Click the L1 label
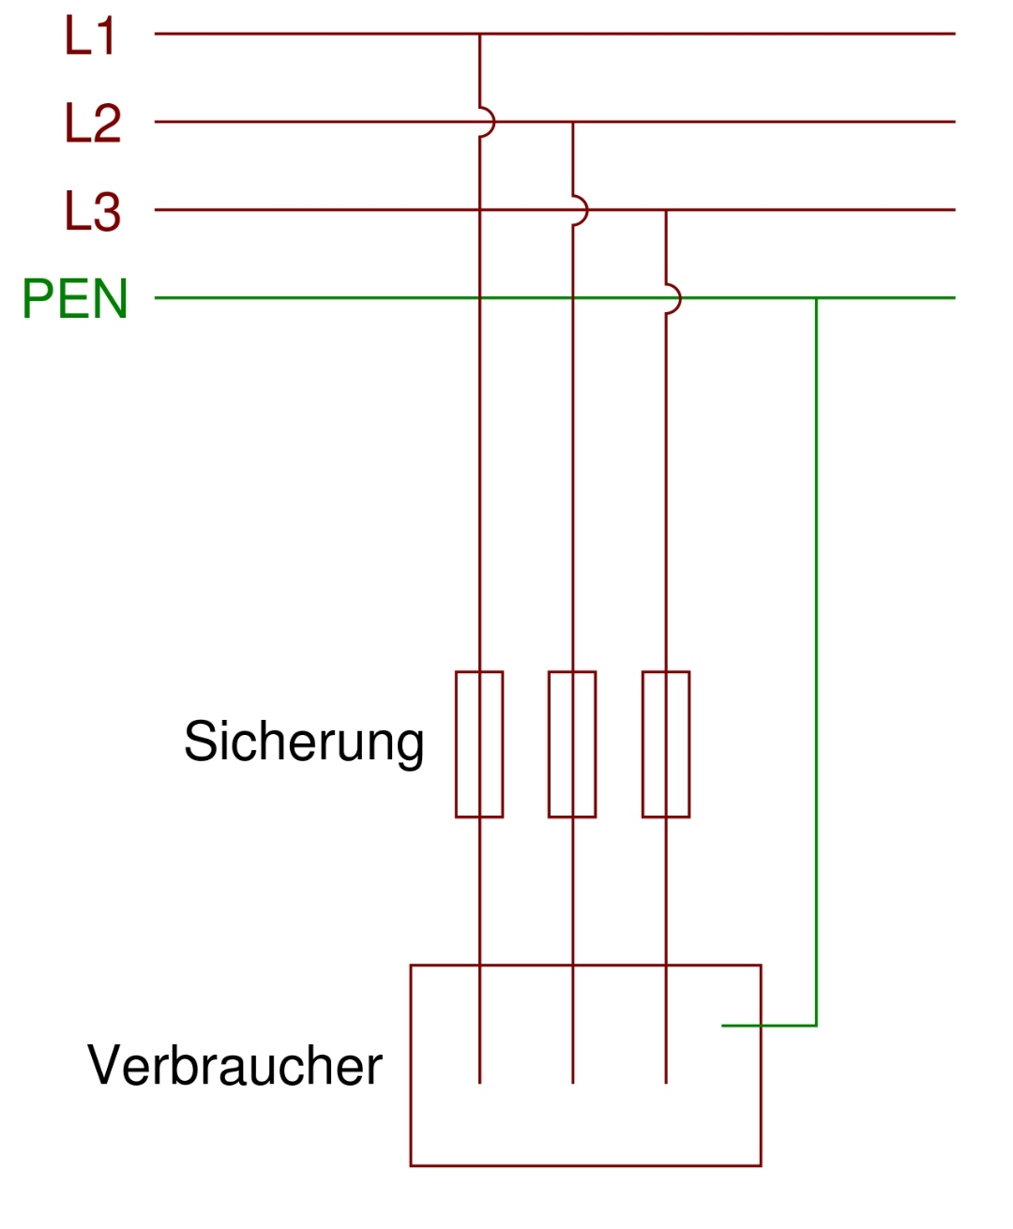[x=90, y=36]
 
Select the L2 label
[x=93, y=123]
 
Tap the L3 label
[x=93, y=211]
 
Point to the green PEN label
[x=75, y=299]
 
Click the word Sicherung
[x=304, y=742]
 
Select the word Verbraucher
[x=234, y=1066]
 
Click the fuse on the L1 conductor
[x=479, y=744]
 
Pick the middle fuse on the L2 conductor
[x=572, y=744]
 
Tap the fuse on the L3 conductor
[x=666, y=744]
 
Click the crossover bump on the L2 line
[x=486, y=122]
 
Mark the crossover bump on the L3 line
[x=580, y=210]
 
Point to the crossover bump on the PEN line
[x=673, y=298]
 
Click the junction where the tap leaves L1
[x=479, y=34]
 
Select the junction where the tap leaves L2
[x=572, y=122]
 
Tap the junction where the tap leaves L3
[x=666, y=210]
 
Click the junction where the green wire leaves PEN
[x=816, y=298]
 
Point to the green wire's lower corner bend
[x=816, y=1026]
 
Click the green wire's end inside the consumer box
[x=723, y=1026]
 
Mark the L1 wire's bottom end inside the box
[x=479, y=1083]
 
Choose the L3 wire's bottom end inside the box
[x=666, y=1083]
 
